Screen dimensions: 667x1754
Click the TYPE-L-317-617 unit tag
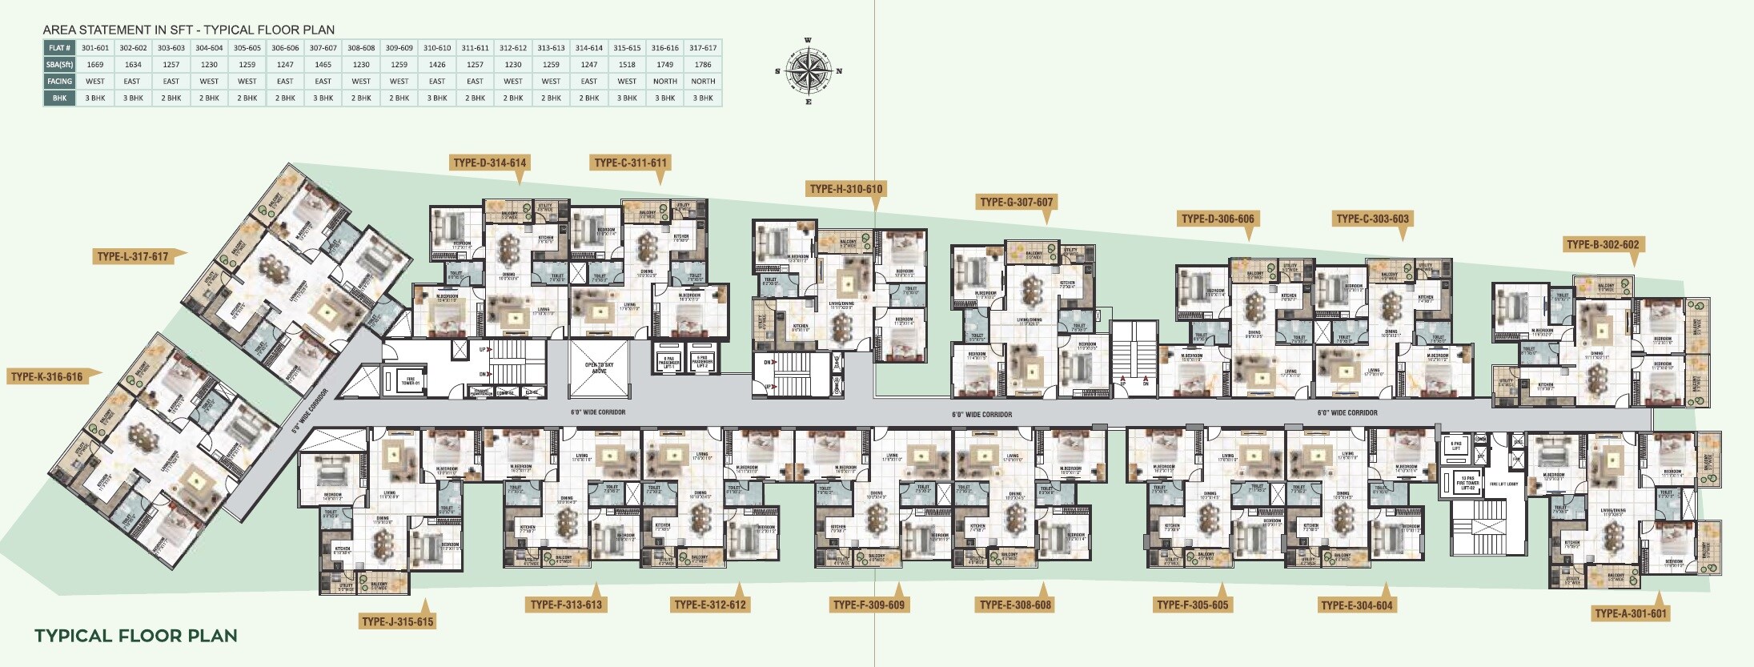[133, 256]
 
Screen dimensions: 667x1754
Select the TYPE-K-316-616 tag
[46, 376]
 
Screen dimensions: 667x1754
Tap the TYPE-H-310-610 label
[845, 189]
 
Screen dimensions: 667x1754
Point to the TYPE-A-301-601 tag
[1630, 613]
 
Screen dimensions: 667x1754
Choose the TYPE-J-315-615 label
[397, 621]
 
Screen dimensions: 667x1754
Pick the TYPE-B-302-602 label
[1602, 244]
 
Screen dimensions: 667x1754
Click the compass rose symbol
[808, 70]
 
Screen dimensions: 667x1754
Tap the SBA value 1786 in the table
[703, 64]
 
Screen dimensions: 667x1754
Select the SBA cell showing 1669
[95, 64]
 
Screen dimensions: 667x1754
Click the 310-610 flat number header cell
[437, 48]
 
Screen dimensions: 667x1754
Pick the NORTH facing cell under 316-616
[664, 81]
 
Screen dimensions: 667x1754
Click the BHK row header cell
[59, 98]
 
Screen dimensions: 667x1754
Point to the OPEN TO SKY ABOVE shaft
[600, 368]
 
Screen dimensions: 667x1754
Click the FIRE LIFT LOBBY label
[1503, 484]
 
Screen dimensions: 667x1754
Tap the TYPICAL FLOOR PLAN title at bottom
[135, 636]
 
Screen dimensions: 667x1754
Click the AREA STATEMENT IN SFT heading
[188, 30]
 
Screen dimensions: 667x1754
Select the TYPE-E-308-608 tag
[1015, 605]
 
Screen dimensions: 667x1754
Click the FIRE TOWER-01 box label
[410, 381]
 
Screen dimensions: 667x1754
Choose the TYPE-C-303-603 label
[1372, 218]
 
